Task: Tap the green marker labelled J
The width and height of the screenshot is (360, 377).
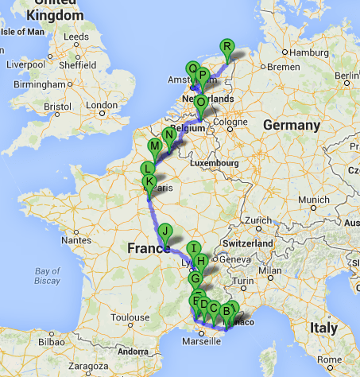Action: [x=165, y=231]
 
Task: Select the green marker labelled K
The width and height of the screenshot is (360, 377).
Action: [x=148, y=182]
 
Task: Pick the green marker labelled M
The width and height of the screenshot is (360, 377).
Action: [x=155, y=146]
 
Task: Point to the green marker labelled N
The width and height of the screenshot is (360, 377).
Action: [x=168, y=134]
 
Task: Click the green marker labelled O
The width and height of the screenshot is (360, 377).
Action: [x=200, y=103]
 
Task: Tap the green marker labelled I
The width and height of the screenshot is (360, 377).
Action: [x=193, y=248]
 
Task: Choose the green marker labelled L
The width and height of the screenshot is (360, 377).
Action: [x=148, y=169]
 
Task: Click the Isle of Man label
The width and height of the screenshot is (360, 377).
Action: [x=21, y=33]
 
